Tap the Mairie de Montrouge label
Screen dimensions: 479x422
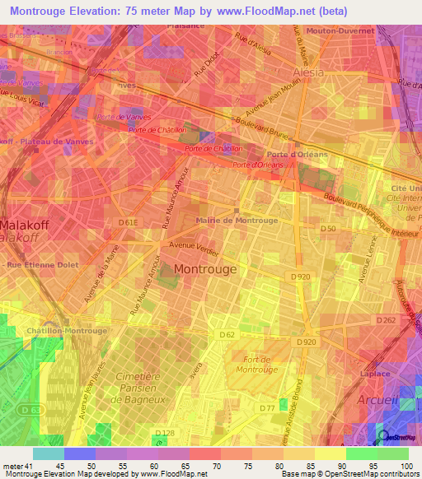(236, 221)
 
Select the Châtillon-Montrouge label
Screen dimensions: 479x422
(68, 331)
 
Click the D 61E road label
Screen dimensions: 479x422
(128, 222)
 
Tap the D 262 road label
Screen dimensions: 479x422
(385, 320)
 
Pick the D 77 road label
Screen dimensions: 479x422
(266, 407)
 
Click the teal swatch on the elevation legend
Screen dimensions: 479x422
(48, 453)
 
